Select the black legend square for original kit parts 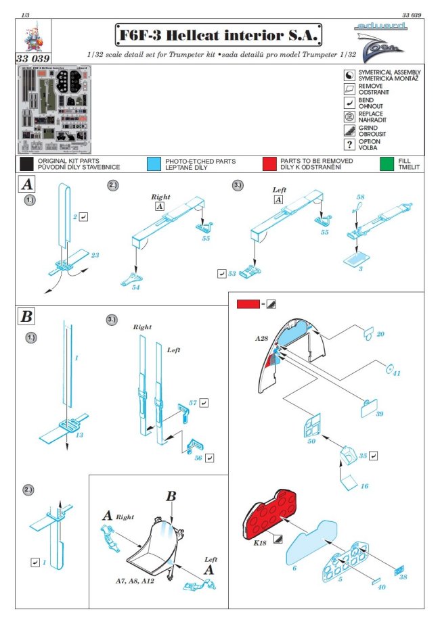click(x=26, y=164)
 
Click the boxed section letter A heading click(x=27, y=184)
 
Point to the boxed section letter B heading click(x=28, y=316)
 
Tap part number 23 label click(x=95, y=255)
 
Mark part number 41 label click(x=397, y=374)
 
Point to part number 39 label click(x=379, y=414)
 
